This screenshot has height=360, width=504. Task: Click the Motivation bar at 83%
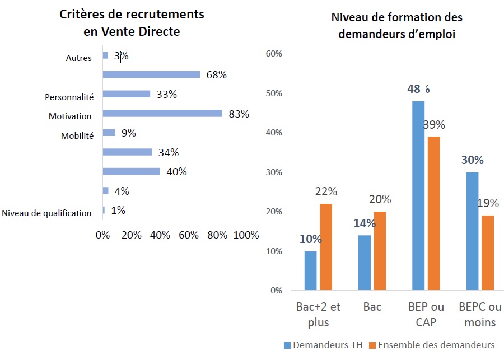[162, 114]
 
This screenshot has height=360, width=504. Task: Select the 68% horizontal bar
[151, 74]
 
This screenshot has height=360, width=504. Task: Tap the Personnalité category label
[69, 97]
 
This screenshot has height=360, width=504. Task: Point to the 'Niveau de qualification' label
[46, 213]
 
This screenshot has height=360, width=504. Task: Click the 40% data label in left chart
[176, 171]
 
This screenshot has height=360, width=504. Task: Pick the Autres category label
[78, 58]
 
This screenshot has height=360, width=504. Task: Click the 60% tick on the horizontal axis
[188, 235]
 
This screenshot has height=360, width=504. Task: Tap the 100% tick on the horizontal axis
[246, 235]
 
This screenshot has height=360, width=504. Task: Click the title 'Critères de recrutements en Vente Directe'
[132, 23]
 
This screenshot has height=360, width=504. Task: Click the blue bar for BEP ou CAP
[418, 195]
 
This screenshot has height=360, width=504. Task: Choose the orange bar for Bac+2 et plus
[325, 246]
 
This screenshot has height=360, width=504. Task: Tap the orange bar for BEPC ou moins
[488, 253]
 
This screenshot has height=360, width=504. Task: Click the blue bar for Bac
[365, 262]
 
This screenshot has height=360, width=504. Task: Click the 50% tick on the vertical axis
[274, 93]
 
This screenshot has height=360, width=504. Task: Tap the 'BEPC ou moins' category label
[480, 315]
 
